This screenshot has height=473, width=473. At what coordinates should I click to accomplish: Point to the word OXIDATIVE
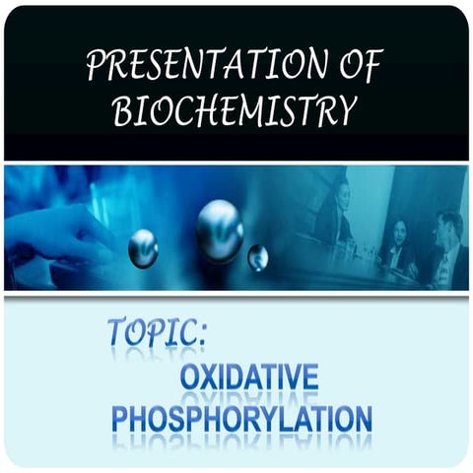click(x=259, y=378)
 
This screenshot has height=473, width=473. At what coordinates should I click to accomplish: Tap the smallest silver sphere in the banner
click(x=258, y=257)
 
